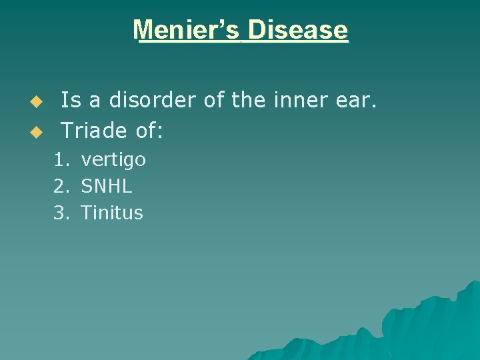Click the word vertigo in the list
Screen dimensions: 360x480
(113, 161)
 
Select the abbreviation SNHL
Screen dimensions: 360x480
(107, 187)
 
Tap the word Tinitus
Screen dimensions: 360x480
(112, 213)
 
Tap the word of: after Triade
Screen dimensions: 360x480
(149, 131)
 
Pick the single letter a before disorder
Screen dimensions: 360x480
(95, 101)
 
